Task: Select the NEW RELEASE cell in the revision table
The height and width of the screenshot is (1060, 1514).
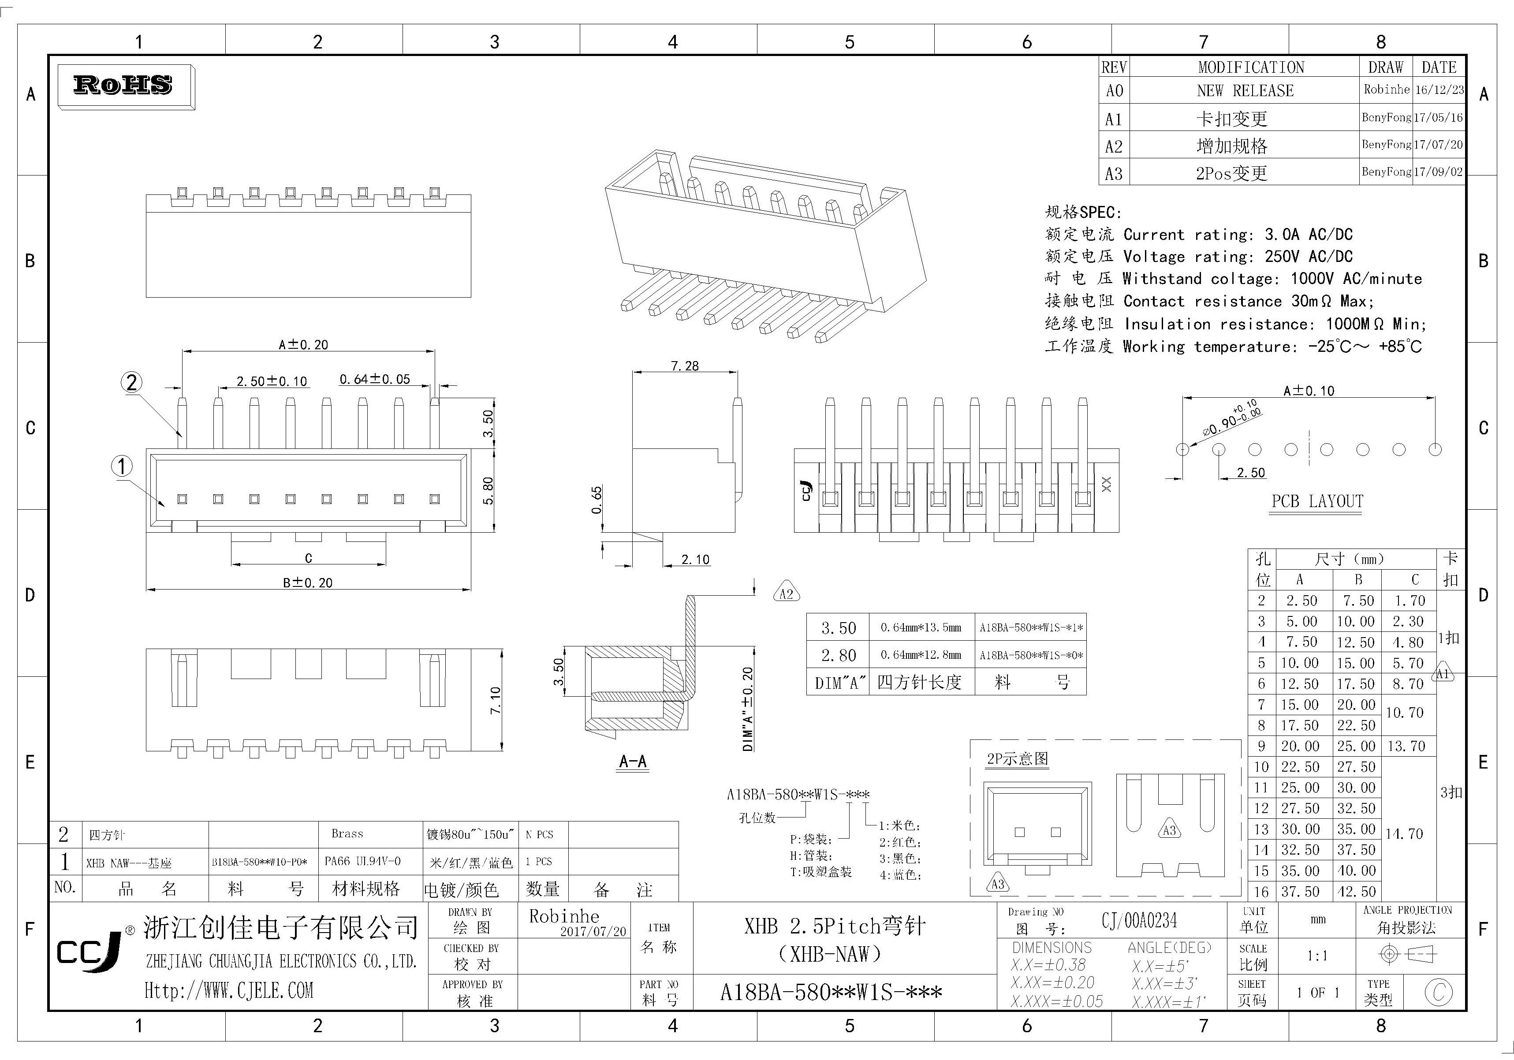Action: pos(1245,90)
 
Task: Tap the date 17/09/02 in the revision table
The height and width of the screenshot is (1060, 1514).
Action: pos(1439,172)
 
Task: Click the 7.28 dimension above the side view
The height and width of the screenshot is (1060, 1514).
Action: pos(684,366)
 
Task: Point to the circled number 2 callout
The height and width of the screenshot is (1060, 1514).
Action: pos(132,383)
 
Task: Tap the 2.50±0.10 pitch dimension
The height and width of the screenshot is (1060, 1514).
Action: pos(272,381)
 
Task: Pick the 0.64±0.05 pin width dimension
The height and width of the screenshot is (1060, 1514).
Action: pos(375,379)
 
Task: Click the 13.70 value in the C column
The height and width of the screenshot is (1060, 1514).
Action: pos(1406,746)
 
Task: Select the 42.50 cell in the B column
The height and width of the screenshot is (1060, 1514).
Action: pos(1357,892)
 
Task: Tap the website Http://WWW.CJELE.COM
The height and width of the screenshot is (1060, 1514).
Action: pos(229,990)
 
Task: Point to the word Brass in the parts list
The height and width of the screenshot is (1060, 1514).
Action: pos(347,834)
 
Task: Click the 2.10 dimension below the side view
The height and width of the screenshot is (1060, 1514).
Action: pos(695,560)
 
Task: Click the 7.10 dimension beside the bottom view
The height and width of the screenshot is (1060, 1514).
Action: pos(495,700)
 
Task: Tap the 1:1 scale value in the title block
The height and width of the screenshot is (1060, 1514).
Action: pos(1317,955)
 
